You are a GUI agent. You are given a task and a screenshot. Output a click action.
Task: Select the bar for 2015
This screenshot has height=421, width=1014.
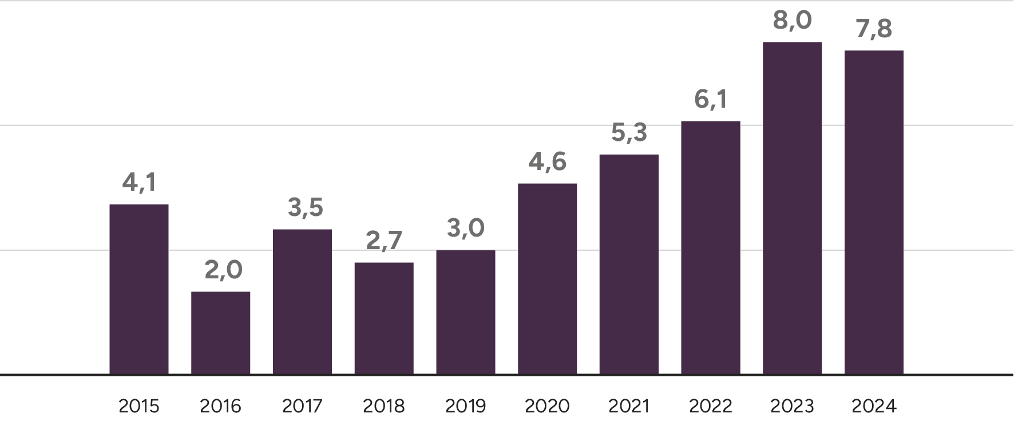(x=139, y=289)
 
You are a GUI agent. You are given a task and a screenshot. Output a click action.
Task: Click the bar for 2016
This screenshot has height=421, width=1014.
(x=221, y=333)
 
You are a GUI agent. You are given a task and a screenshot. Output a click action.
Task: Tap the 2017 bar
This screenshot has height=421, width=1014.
(x=302, y=302)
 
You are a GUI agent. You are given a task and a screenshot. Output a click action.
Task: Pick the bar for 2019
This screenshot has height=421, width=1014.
(x=466, y=312)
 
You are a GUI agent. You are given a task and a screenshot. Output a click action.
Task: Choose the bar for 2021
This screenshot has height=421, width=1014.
(x=629, y=264)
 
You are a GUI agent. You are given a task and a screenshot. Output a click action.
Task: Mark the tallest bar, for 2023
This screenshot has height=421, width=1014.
(x=793, y=208)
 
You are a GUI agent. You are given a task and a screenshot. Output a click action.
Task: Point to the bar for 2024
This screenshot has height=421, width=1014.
(x=874, y=213)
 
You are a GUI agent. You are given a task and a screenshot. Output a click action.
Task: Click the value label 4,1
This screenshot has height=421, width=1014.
(x=139, y=183)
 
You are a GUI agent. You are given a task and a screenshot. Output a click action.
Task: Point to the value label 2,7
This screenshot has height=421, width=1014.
(x=384, y=241)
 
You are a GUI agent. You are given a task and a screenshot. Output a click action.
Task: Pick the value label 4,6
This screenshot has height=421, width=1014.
(x=548, y=162)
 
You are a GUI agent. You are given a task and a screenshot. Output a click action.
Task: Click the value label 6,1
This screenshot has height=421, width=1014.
(x=711, y=99)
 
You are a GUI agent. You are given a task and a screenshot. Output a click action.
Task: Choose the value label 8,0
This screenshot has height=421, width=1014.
(x=793, y=21)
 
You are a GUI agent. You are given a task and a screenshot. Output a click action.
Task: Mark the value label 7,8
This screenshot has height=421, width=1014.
(x=874, y=29)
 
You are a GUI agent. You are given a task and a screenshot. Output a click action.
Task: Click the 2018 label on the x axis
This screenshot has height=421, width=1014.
(x=384, y=407)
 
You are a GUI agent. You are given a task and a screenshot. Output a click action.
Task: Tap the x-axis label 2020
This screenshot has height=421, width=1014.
(x=548, y=407)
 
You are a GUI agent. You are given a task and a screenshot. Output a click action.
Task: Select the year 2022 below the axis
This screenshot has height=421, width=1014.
(x=711, y=407)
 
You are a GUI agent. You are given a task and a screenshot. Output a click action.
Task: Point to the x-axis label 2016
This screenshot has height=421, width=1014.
(x=221, y=407)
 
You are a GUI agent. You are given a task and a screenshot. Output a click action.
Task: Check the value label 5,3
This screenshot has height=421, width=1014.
(x=629, y=133)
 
